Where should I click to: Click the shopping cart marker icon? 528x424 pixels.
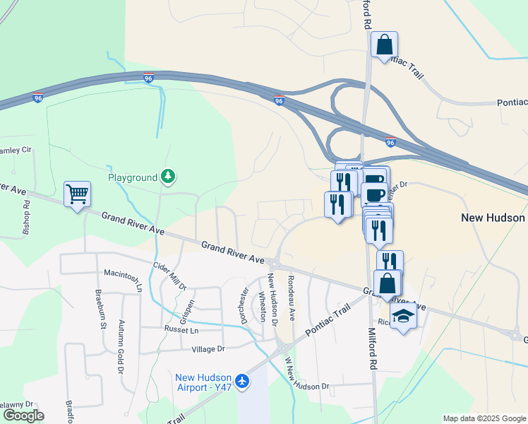click(x=77, y=193)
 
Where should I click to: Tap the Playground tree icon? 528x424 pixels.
click(x=167, y=177)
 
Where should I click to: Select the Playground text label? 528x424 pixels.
click(x=133, y=177)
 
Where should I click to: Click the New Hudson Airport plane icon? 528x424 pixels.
click(x=242, y=381)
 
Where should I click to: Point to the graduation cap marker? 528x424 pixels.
click(x=403, y=315)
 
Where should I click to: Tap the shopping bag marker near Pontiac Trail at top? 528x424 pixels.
click(x=384, y=45)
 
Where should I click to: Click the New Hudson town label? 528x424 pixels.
click(x=493, y=218)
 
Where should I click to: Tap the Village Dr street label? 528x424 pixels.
click(x=208, y=349)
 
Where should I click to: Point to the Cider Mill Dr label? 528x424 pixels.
click(x=169, y=276)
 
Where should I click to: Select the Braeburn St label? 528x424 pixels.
click(x=100, y=308)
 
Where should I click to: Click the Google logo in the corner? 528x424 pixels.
click(x=23, y=416)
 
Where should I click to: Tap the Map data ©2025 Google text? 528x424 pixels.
click(x=484, y=418)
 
